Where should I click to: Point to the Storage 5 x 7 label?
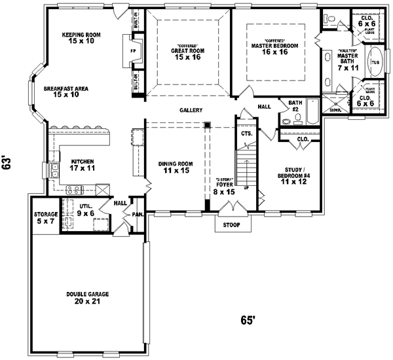46,218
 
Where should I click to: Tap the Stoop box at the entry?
232,225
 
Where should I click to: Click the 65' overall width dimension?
248,321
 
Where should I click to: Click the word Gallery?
191,110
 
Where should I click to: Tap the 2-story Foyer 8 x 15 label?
225,187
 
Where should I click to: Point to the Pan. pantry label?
138,214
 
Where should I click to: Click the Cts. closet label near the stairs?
246,134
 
